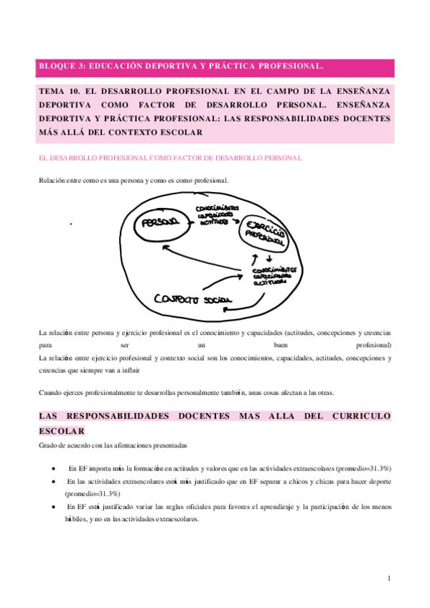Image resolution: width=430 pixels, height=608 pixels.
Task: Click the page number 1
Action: (x=388, y=578)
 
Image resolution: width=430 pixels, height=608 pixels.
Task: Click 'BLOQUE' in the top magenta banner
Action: (x=56, y=66)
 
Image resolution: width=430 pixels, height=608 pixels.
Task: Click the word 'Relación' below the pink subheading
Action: (x=52, y=180)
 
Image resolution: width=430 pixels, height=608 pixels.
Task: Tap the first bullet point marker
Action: (x=55, y=468)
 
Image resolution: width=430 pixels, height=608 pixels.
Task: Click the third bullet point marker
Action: (x=55, y=507)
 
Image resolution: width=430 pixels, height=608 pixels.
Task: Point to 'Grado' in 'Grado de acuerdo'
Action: (x=48, y=445)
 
